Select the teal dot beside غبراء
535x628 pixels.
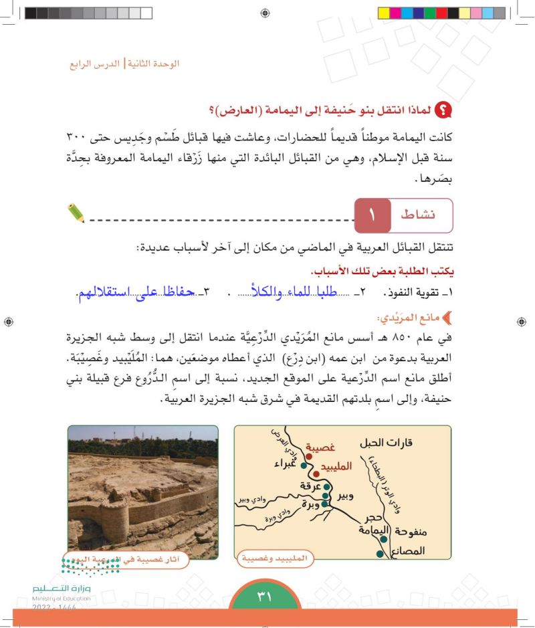[x=304, y=465]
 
